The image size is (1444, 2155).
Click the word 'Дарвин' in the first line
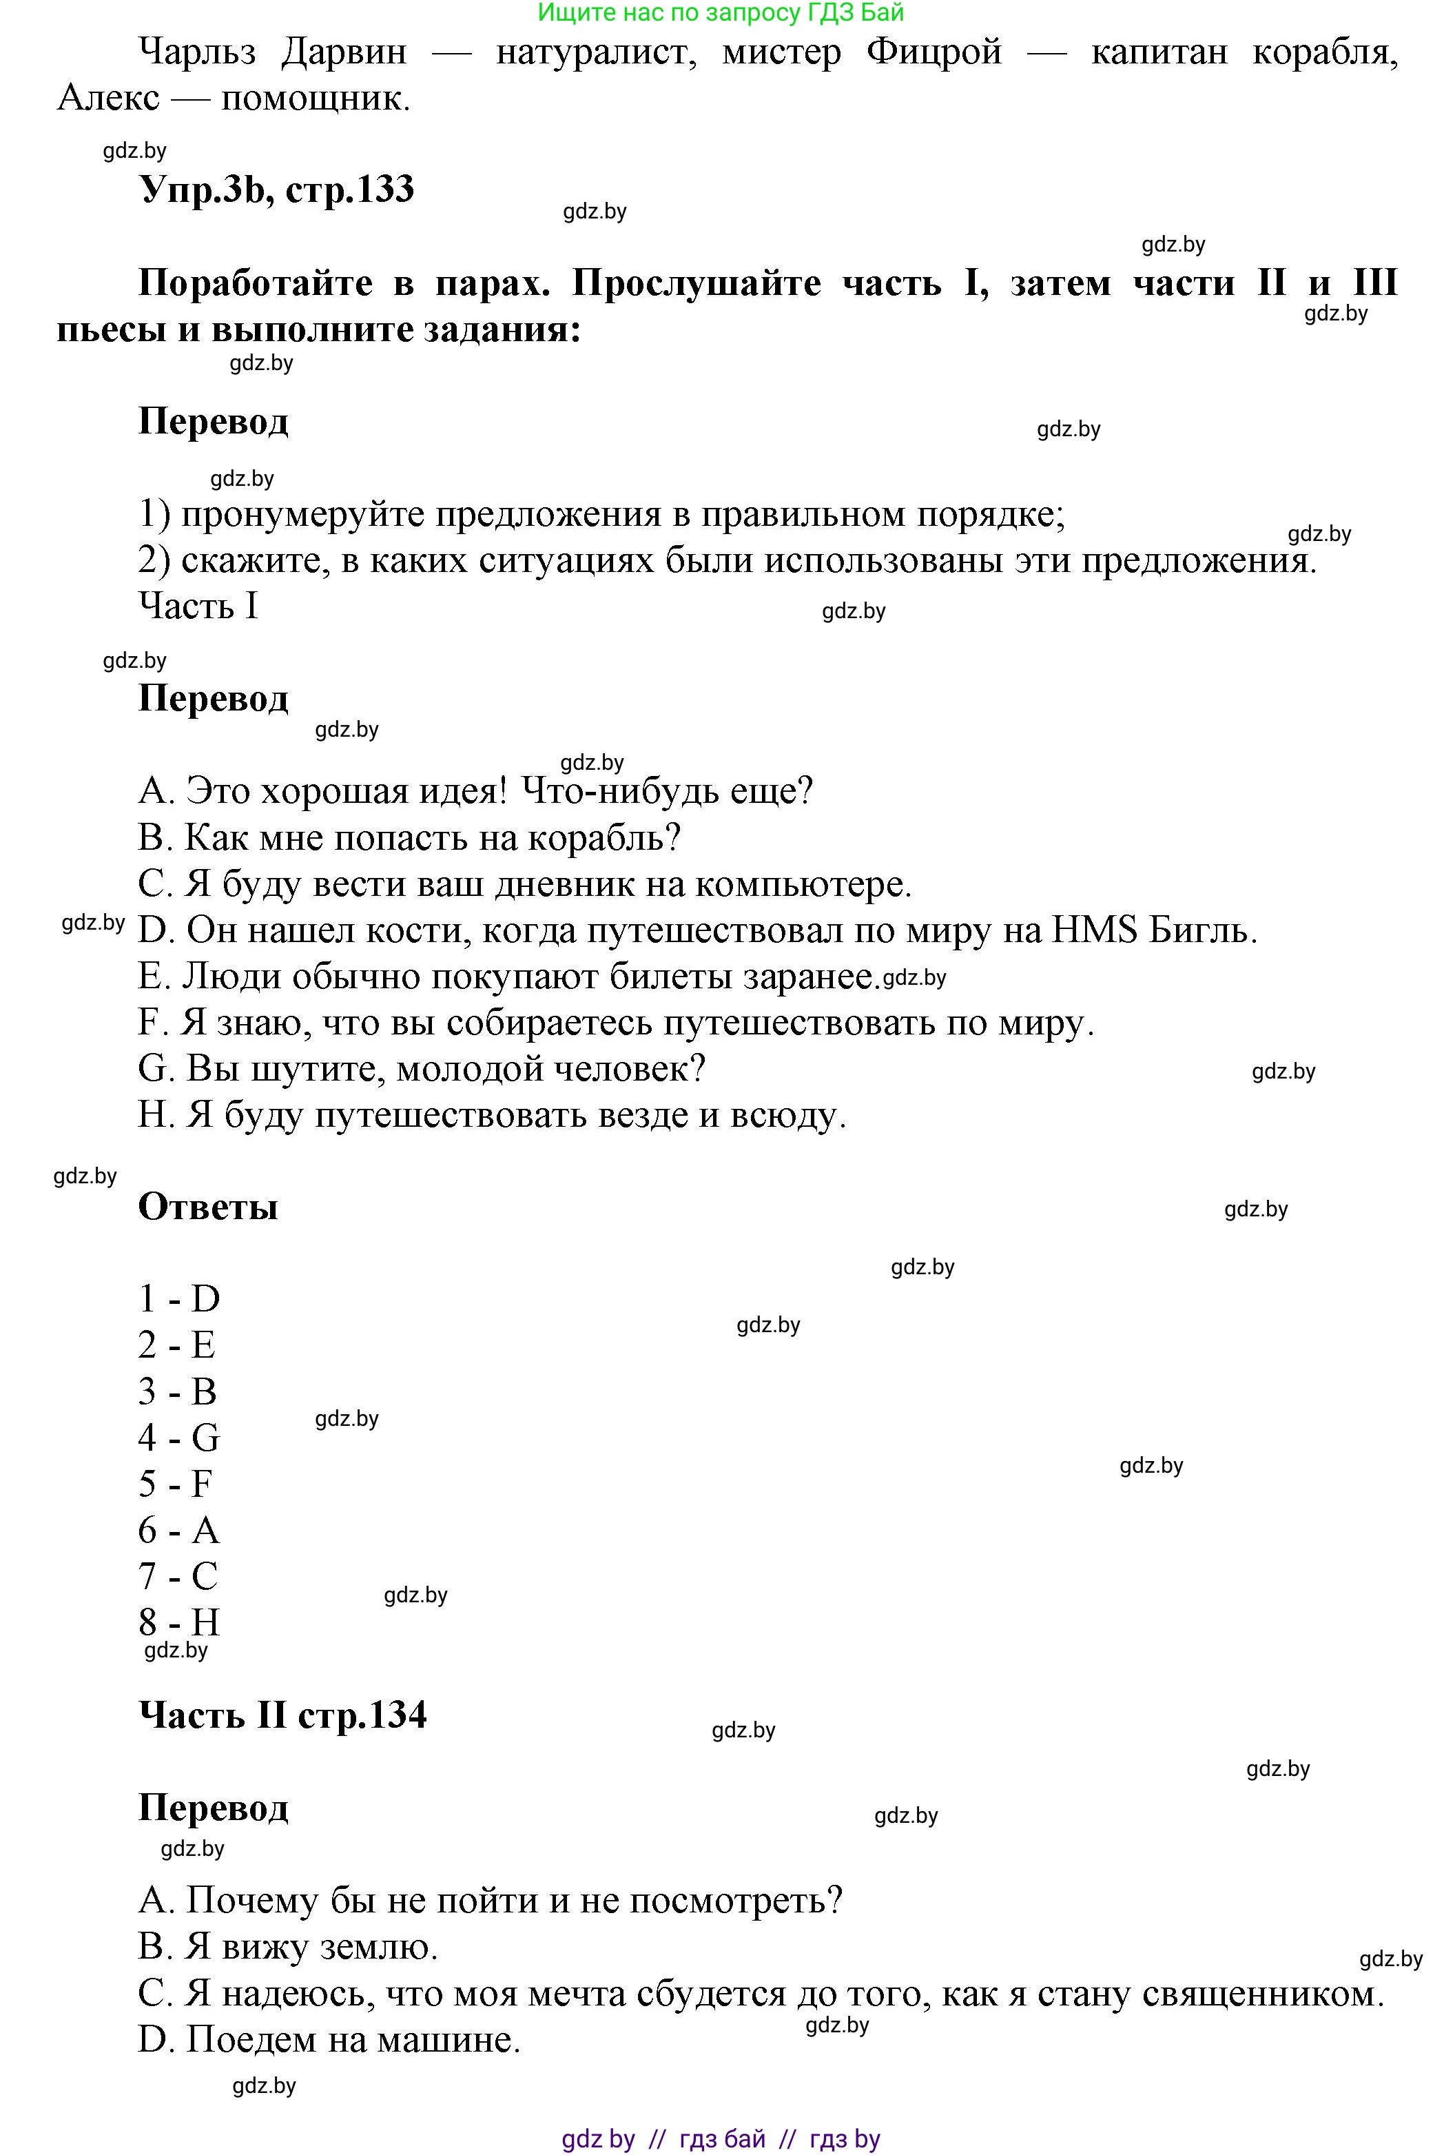tap(344, 52)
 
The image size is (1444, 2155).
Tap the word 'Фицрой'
tap(934, 52)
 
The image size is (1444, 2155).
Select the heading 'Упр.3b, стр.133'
tap(276, 190)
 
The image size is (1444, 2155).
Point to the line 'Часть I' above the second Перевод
tap(198, 606)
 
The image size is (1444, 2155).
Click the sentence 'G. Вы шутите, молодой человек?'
tap(422, 1068)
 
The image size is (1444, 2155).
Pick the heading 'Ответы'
tap(208, 1207)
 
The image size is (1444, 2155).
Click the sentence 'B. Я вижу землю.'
tap(288, 1947)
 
